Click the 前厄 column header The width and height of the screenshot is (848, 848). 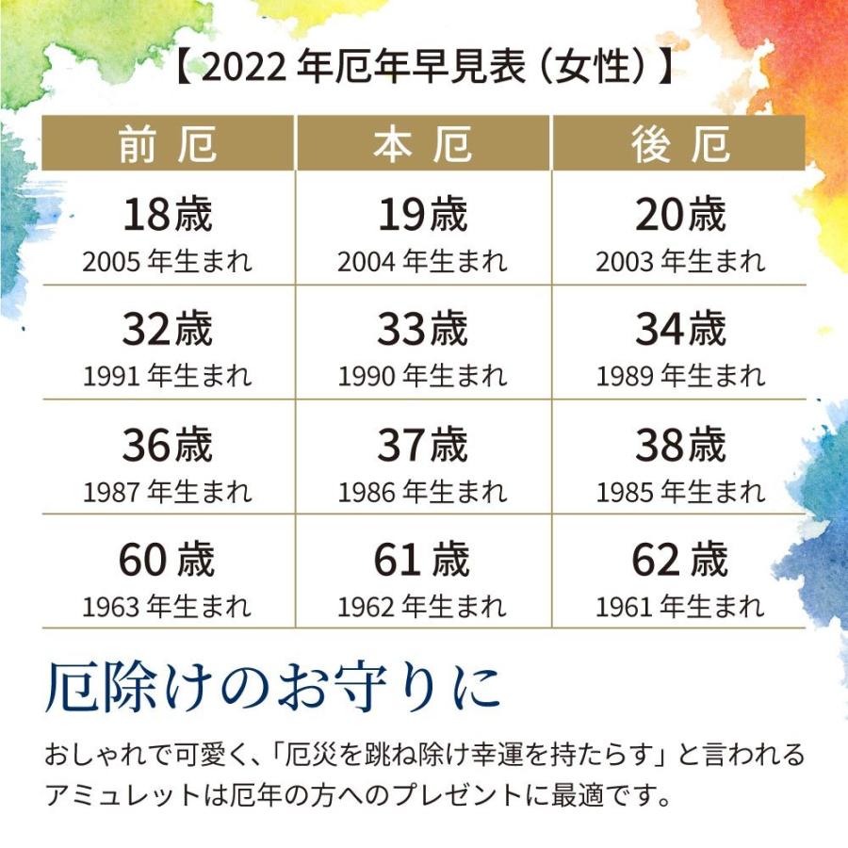pos(168,145)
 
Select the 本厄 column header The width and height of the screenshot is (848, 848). pos(423,145)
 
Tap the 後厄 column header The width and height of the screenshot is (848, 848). pos(679,145)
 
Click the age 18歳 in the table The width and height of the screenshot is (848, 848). pos(168,215)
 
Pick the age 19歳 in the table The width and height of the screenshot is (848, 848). pos(423,215)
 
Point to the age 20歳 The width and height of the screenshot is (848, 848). pos(679,215)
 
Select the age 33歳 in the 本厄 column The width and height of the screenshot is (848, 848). pos(423,330)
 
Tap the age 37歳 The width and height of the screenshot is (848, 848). pos(423,445)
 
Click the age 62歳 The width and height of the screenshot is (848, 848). pos(679,560)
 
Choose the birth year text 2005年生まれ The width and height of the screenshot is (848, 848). pos(168,261)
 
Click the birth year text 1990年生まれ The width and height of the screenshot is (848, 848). pos(423,376)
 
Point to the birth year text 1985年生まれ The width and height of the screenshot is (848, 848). pos(679,491)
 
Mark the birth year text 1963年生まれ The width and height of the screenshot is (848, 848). pos(168,606)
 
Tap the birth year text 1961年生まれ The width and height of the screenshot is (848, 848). pos(679,606)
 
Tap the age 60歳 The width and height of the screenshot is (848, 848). pos(168,560)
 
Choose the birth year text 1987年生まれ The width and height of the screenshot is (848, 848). pos(168,491)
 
